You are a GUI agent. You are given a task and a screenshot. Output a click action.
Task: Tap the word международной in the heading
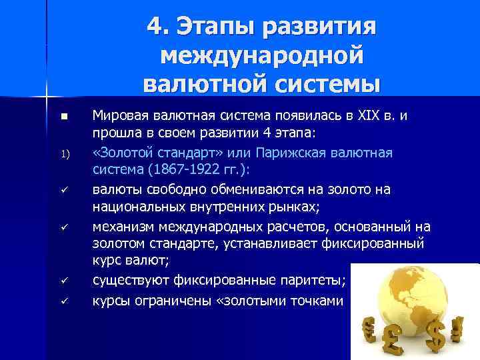pos(261,57)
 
